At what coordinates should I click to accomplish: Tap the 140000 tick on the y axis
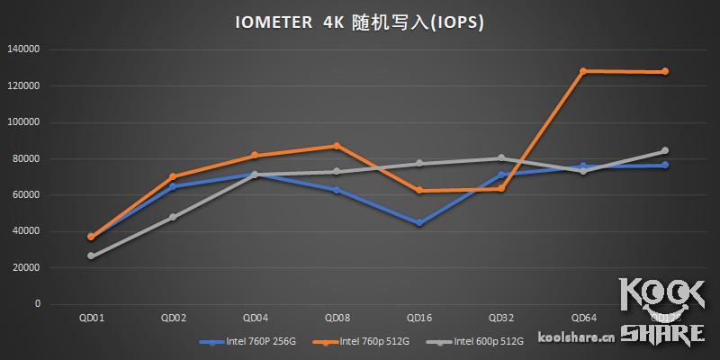(x=23, y=49)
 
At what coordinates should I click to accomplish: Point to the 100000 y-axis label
(x=23, y=122)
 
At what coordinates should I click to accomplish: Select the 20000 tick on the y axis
(x=26, y=268)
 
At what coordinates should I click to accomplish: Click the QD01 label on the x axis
(x=90, y=318)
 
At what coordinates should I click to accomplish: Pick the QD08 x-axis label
(x=337, y=318)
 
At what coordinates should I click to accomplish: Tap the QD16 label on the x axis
(x=418, y=318)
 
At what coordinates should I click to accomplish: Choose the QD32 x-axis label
(x=501, y=318)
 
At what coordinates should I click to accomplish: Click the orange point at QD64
(x=583, y=71)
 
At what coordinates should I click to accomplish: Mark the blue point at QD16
(x=418, y=223)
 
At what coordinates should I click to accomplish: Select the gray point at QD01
(x=90, y=256)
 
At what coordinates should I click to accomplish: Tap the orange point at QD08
(x=337, y=146)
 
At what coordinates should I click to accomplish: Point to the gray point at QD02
(x=172, y=217)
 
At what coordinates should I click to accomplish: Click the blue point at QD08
(x=337, y=190)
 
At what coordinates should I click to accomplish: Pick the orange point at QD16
(x=418, y=191)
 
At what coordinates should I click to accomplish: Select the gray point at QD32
(x=501, y=158)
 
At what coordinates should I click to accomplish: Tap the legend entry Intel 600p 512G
(x=479, y=341)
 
